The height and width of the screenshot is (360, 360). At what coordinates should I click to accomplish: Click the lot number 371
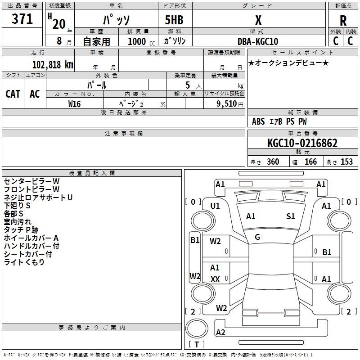(22, 19)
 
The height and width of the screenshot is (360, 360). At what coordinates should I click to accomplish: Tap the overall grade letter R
(343, 21)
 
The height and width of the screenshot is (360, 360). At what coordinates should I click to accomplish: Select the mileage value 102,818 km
(53, 64)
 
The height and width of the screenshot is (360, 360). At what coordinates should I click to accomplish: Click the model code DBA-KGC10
(258, 41)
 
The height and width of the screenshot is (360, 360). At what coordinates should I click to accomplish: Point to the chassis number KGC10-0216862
(302, 143)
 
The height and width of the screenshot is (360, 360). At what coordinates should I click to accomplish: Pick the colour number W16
(74, 104)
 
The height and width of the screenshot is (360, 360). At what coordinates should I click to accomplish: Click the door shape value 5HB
(174, 20)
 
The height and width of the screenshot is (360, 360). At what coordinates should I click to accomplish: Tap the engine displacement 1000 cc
(141, 41)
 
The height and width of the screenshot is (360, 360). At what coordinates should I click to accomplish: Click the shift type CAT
(13, 94)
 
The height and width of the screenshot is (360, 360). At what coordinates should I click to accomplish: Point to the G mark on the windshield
(257, 237)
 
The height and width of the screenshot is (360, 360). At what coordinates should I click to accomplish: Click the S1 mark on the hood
(290, 216)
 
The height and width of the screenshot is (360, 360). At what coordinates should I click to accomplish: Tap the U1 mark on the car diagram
(215, 206)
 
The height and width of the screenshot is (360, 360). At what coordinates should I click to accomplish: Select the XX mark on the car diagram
(215, 279)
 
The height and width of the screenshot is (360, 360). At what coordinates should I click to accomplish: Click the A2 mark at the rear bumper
(220, 332)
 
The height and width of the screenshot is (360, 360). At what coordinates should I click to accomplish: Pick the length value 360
(273, 162)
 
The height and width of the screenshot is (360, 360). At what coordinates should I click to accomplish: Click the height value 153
(346, 162)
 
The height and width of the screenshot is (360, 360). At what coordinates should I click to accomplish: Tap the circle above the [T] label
(197, 328)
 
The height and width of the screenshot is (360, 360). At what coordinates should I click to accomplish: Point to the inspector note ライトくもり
(24, 262)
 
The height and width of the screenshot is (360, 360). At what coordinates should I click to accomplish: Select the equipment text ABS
(258, 121)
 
